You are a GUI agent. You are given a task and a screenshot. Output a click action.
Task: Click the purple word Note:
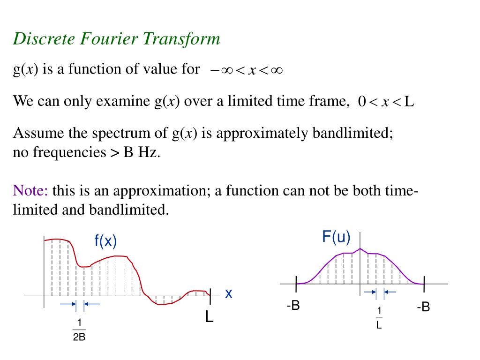click(x=30, y=191)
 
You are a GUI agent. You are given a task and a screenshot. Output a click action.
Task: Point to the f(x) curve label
click(x=105, y=241)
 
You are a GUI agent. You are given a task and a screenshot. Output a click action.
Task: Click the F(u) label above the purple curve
click(x=336, y=237)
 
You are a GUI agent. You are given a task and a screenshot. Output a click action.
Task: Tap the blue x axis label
click(x=229, y=294)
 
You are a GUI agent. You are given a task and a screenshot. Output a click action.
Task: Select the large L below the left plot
click(x=209, y=317)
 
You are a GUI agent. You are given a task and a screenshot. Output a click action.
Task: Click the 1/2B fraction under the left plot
click(x=79, y=330)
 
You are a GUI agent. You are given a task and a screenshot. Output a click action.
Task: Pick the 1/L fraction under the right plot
click(x=379, y=318)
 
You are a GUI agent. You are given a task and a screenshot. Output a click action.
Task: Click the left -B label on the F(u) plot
click(x=293, y=307)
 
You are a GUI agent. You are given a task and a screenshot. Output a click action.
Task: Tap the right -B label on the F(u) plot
click(x=423, y=307)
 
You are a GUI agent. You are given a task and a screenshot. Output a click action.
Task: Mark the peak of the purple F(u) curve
click(x=360, y=248)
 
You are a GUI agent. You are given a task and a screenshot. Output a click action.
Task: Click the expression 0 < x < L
click(x=386, y=102)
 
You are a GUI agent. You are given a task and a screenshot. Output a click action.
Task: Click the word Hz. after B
click(x=149, y=152)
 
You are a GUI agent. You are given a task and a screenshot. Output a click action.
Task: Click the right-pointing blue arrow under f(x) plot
click(x=68, y=304)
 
